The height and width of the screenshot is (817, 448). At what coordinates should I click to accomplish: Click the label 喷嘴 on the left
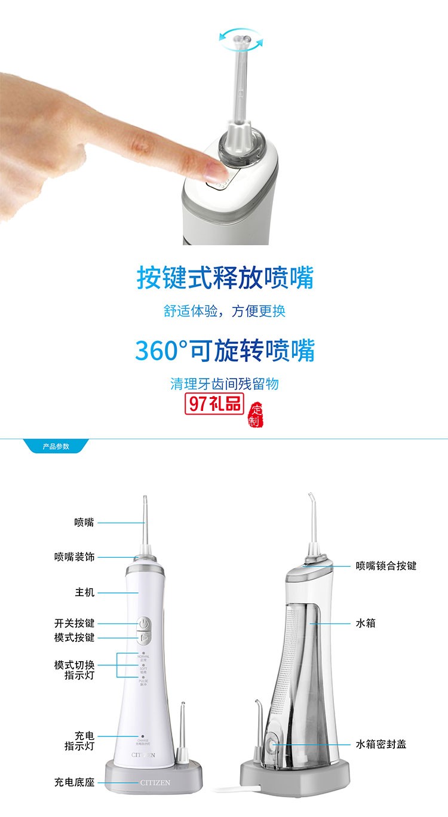(x=84, y=523)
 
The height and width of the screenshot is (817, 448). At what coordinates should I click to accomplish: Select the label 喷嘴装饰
(x=74, y=557)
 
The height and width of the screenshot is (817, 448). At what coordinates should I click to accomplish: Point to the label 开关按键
(x=74, y=623)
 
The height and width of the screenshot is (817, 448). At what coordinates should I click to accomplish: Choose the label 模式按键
(x=74, y=638)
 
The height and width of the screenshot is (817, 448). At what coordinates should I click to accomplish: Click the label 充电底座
(x=74, y=782)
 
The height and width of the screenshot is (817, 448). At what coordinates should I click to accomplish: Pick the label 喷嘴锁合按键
(x=386, y=566)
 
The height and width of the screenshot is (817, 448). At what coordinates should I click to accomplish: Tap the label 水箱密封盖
(x=381, y=744)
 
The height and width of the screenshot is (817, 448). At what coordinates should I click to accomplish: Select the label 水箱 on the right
(x=366, y=623)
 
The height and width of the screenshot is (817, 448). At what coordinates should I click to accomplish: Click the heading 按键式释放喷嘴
(x=225, y=278)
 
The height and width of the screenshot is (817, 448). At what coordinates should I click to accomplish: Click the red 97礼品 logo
(x=214, y=404)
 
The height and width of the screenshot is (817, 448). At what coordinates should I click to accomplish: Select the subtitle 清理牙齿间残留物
(x=225, y=383)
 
